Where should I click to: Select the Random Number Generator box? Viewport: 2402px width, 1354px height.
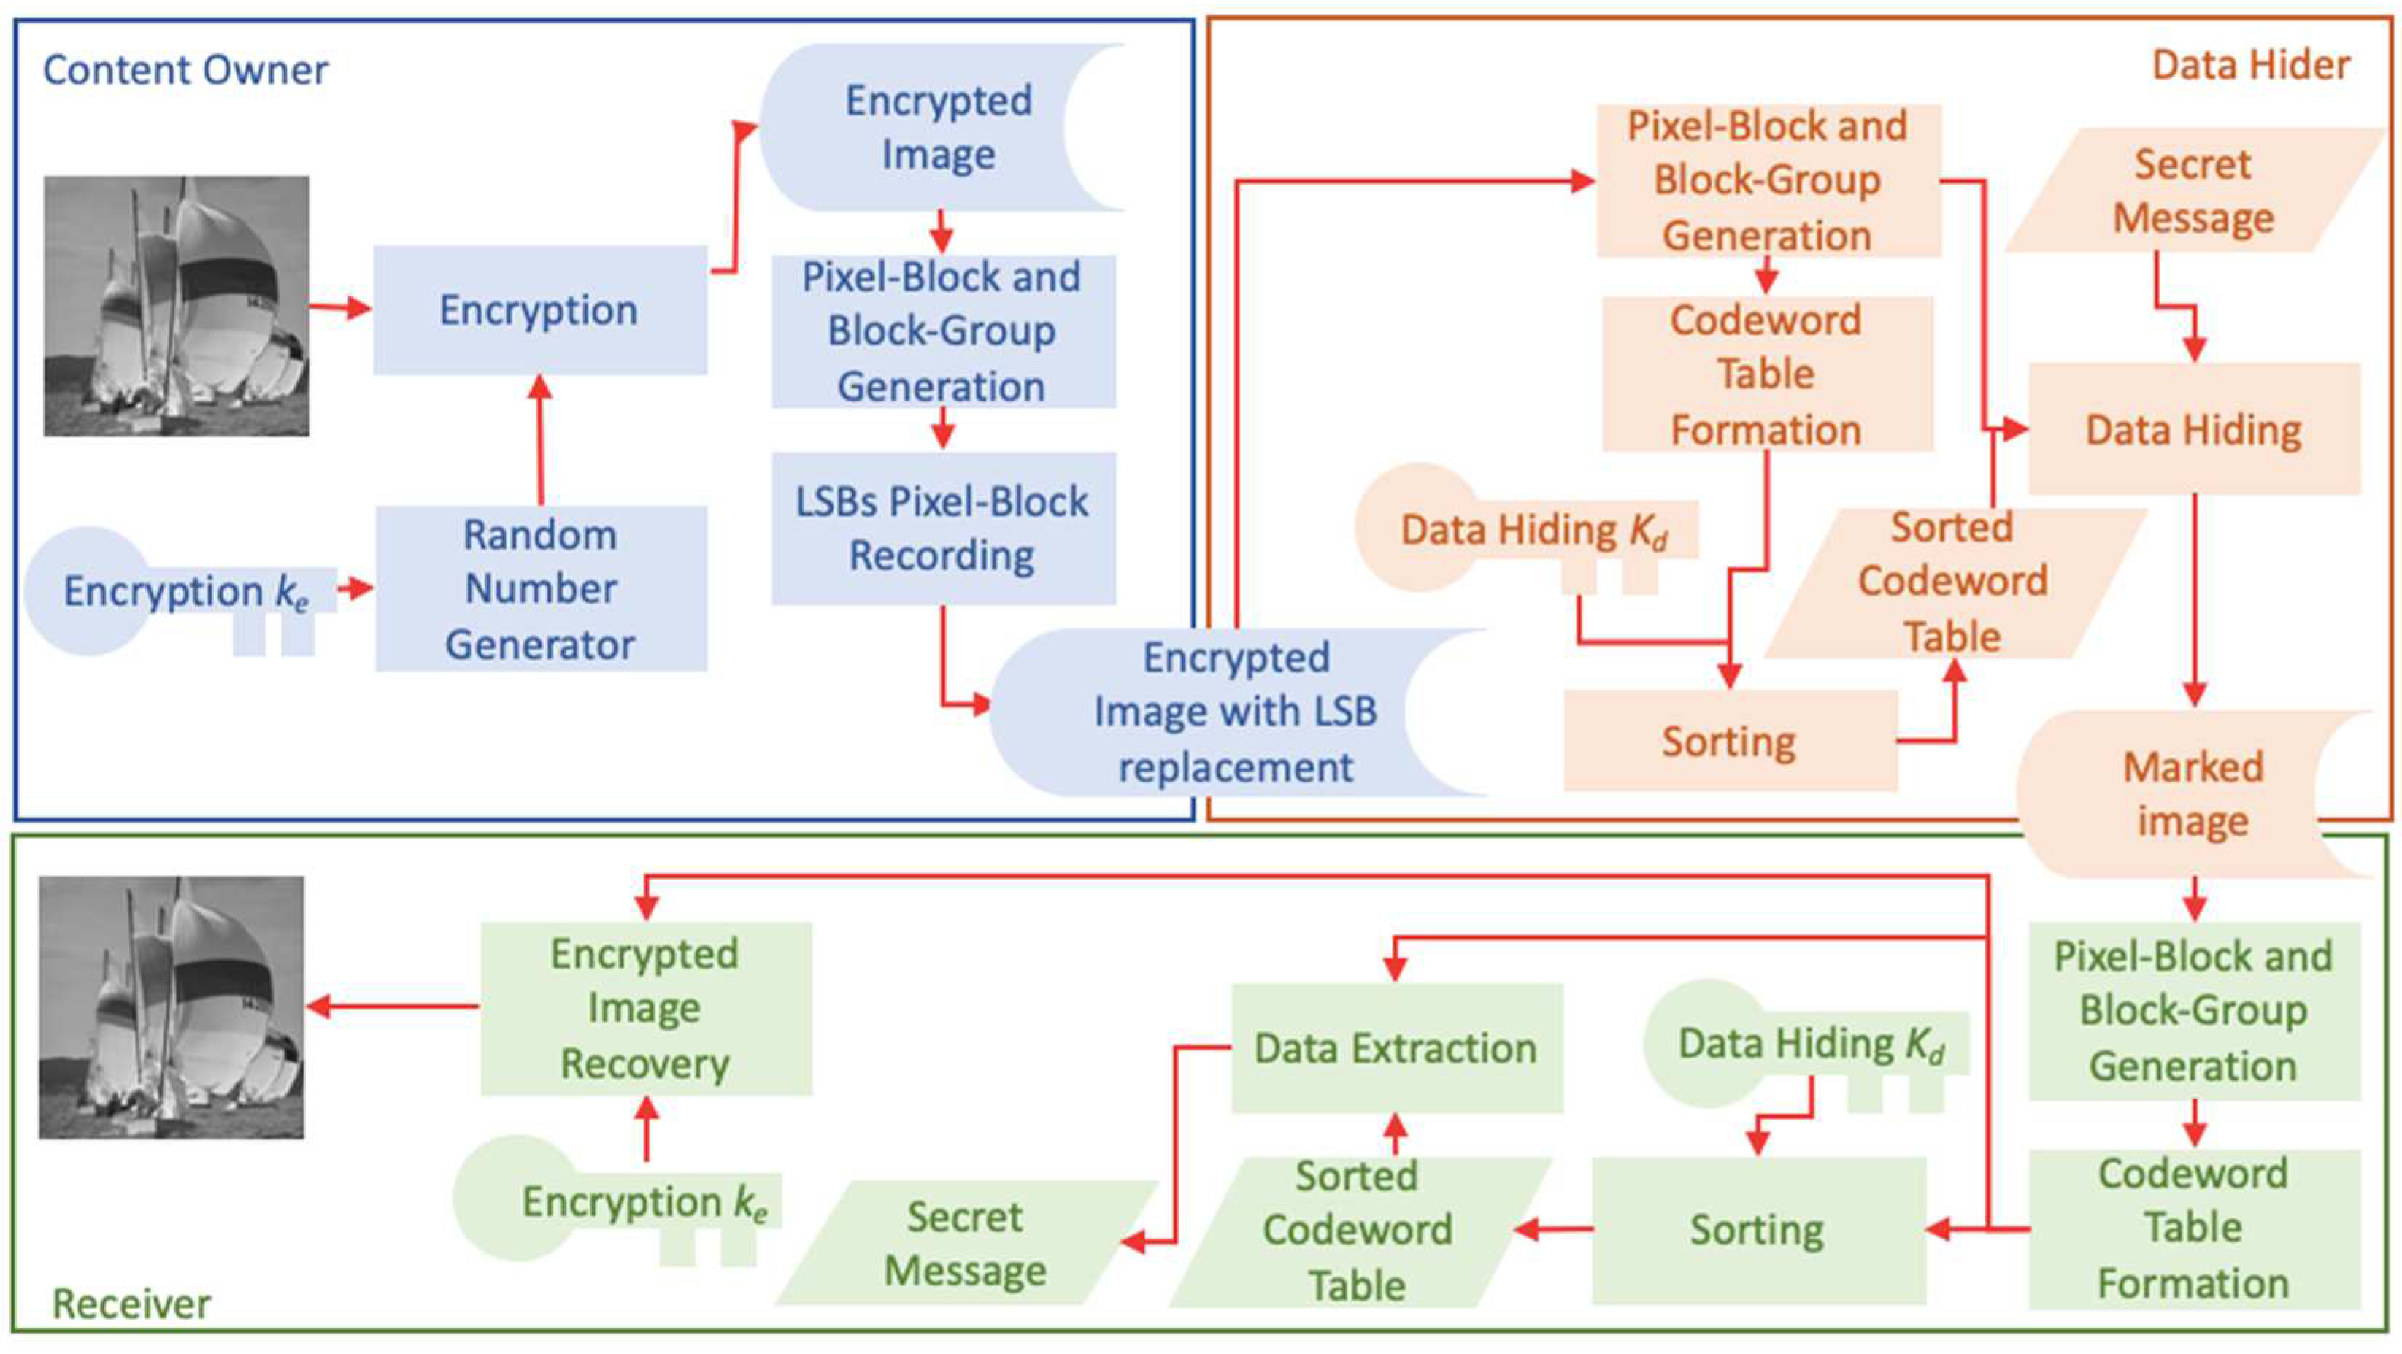(541, 588)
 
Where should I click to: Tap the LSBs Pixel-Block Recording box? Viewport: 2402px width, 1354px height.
(943, 528)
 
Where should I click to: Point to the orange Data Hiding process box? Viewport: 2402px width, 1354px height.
(2194, 430)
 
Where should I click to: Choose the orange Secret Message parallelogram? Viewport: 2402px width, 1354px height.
(2193, 191)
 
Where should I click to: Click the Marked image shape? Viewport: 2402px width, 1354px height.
(2193, 794)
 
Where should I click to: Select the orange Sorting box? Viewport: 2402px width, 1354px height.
(1730, 742)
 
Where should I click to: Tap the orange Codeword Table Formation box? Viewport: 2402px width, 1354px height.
(1766, 374)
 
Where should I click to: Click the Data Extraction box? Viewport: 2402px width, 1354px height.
(1396, 1048)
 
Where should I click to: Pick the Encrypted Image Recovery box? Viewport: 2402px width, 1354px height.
(645, 1008)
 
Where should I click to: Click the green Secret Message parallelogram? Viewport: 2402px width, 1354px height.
(965, 1243)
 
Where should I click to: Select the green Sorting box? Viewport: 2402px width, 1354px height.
(1758, 1230)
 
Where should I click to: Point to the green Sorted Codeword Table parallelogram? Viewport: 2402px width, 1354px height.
(1358, 1230)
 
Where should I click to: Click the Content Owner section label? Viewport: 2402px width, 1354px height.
(185, 71)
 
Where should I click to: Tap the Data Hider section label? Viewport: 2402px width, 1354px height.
(2251, 65)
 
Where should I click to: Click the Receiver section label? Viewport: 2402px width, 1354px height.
(131, 1303)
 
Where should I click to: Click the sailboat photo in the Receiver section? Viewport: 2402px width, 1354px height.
(172, 1007)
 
